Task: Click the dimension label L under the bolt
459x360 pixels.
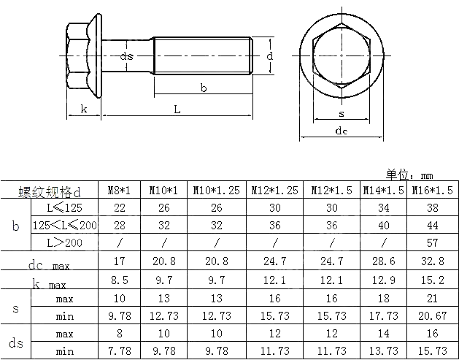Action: click(x=177, y=109)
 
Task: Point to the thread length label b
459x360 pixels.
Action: click(x=204, y=88)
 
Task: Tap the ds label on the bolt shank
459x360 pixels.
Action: click(x=126, y=56)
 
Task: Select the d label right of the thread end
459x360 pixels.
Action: click(x=269, y=55)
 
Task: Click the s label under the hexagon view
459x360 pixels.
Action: click(x=342, y=114)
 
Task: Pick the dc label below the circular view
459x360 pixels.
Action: click(x=341, y=131)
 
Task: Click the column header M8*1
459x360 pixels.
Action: click(x=120, y=190)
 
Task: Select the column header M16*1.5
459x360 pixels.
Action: click(x=432, y=190)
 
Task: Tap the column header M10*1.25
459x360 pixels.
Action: click(x=217, y=190)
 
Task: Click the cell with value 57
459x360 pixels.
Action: click(x=432, y=242)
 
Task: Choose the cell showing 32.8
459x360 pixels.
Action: click(x=432, y=261)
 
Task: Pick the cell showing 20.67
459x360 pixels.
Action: click(x=432, y=315)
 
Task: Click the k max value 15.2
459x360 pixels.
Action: click(x=432, y=280)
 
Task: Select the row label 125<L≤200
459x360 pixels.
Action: click(x=64, y=225)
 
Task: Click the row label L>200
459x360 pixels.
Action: click(x=64, y=242)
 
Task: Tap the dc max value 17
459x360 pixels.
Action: click(x=120, y=261)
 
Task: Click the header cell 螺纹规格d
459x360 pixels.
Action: click(x=49, y=191)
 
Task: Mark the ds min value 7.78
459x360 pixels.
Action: click(x=120, y=351)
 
